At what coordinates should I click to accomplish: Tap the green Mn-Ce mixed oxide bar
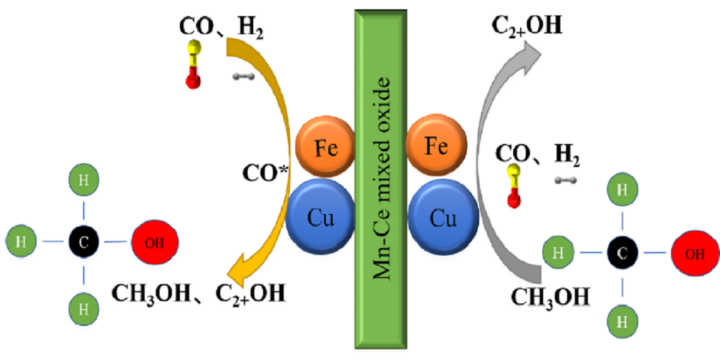pyautogui.click(x=381, y=178)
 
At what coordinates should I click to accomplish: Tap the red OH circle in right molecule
pyautogui.click(x=695, y=253)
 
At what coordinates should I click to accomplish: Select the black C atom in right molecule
pyautogui.click(x=622, y=253)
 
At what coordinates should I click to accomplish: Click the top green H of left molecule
pyautogui.click(x=84, y=180)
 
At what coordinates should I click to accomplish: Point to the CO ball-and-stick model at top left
pyautogui.click(x=193, y=65)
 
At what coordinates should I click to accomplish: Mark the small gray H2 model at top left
pyautogui.click(x=243, y=77)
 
